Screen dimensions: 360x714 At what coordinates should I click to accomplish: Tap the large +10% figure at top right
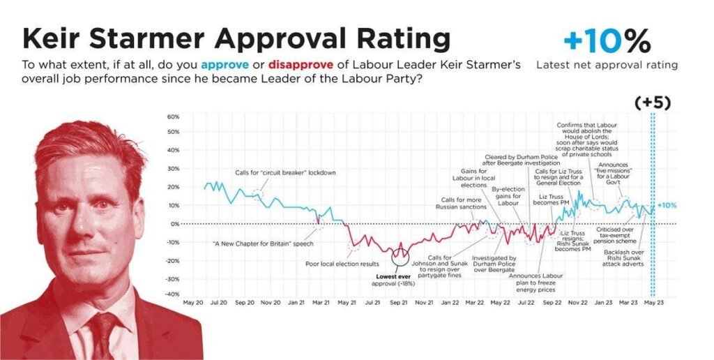coord(607,42)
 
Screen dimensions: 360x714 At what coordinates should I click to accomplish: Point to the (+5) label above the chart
coord(653,103)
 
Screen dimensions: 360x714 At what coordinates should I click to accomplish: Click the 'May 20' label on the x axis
coord(193,303)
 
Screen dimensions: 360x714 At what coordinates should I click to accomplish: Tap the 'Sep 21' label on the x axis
coord(399,303)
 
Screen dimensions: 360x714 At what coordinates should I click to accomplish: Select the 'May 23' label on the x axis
coord(653,303)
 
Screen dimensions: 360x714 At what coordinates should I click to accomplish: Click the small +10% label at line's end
coord(667,205)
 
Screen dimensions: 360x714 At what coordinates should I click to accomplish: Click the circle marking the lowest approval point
coord(400,257)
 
